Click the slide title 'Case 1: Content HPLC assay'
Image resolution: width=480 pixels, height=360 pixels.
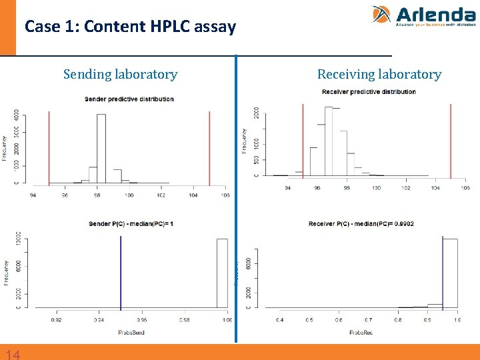[130, 27]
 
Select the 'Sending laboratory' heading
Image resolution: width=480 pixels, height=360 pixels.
[120, 74]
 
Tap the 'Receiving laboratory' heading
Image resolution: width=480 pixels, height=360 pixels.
[379, 74]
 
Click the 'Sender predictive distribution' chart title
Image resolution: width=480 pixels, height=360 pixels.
[129, 99]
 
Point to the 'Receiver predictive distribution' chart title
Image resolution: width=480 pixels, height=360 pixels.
[369, 91]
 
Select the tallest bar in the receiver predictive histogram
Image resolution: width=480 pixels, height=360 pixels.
[328, 141]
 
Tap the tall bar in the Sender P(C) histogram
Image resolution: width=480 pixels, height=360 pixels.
[222, 273]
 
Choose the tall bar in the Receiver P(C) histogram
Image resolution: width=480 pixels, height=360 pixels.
[450, 273]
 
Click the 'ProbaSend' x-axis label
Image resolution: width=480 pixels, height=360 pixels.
[131, 332]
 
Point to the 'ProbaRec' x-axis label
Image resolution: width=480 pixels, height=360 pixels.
[361, 332]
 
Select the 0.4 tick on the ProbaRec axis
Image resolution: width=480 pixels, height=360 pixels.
[280, 320]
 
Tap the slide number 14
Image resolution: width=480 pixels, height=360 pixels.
[12, 354]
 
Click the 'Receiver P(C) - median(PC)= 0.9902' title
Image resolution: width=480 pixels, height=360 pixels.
[361, 224]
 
